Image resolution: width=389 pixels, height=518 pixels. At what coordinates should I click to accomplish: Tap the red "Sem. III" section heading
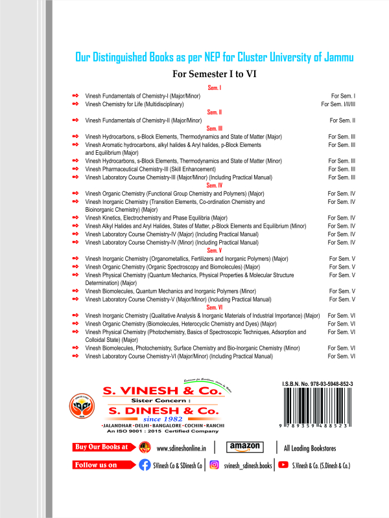coord(215,129)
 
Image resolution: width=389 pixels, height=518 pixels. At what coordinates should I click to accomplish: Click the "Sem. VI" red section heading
coord(215,308)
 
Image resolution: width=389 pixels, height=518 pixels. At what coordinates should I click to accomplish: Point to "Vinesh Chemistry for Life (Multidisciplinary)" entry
coord(135,104)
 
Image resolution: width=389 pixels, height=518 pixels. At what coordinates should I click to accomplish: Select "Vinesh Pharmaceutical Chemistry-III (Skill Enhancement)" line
coord(156,169)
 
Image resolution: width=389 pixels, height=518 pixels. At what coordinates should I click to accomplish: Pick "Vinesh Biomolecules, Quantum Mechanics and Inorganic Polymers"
coord(171,291)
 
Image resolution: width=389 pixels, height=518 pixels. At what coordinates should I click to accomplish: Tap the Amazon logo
coord(244,447)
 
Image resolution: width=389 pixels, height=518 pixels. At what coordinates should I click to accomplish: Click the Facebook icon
coord(145,465)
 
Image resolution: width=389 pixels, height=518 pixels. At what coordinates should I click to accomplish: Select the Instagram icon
coord(214,465)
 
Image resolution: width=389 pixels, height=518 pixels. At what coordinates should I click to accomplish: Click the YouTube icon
coord(283,465)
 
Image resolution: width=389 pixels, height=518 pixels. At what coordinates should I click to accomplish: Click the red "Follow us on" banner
coord(101,465)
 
